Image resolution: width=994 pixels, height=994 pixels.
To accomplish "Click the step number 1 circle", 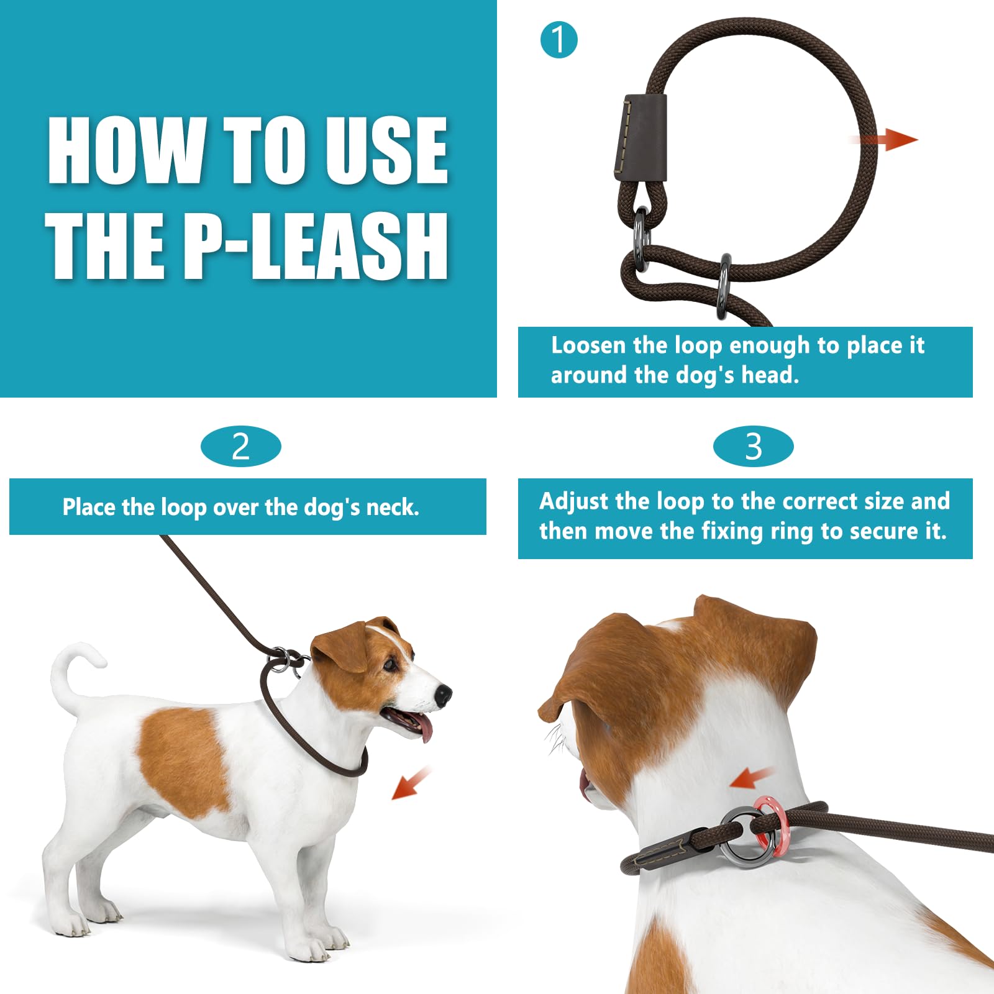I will (559, 40).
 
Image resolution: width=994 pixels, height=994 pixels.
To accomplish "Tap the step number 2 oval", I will (241, 447).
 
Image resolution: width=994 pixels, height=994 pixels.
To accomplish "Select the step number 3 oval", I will (753, 447).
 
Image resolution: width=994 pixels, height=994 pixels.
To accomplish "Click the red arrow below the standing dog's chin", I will (410, 784).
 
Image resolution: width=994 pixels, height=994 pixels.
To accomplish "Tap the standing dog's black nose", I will (443, 695).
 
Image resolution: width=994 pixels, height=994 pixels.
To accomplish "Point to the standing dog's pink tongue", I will (425, 728).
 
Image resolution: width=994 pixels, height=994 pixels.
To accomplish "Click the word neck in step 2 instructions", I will (392, 508).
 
